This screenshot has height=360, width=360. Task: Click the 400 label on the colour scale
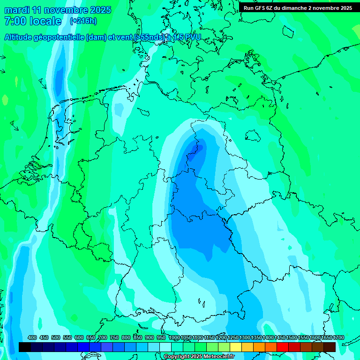pos(32,338)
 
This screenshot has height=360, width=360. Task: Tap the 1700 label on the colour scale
pos(338,338)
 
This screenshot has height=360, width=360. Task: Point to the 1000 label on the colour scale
pos(174,338)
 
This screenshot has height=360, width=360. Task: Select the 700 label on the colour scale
pos(103,338)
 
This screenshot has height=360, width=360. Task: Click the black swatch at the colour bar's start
pos(25,347)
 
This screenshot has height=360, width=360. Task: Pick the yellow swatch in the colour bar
pos(235,347)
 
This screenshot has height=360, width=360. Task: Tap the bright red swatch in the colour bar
pos(282,347)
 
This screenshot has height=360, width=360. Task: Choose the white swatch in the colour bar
pos(165,347)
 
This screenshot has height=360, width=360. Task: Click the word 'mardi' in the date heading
pos(16,10)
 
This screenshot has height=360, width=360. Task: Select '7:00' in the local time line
pos(15,21)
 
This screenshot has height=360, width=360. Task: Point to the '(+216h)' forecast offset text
pos(83,21)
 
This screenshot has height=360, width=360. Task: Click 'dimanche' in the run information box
pos(294,8)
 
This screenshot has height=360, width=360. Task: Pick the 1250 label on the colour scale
pos(233,338)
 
